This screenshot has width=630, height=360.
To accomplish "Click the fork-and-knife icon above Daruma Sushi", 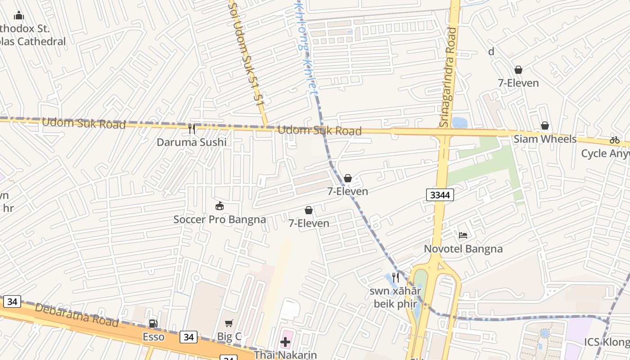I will (192, 129).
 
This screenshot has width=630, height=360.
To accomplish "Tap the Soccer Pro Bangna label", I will (220, 220).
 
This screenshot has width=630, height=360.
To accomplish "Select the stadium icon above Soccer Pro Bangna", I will (220, 206).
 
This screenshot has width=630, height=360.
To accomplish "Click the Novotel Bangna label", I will (463, 249).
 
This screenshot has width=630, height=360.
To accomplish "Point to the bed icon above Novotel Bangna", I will (463, 235).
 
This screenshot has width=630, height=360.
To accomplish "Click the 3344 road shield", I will (440, 195).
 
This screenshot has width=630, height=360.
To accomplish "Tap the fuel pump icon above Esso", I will (153, 323).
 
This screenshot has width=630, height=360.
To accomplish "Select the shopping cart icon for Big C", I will (229, 323).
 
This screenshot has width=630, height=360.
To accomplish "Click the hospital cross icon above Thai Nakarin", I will (285, 342).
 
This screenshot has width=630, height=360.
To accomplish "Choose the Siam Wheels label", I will (545, 139).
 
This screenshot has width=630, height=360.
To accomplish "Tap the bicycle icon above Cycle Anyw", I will (615, 139).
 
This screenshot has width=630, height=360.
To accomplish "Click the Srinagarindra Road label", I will (447, 76).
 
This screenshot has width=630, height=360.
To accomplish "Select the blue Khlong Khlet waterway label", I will (306, 47).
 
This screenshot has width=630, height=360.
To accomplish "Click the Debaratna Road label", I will (76, 315).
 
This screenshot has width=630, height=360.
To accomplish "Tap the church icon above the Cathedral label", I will (18, 16).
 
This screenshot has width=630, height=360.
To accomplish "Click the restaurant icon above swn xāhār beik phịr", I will (396, 278).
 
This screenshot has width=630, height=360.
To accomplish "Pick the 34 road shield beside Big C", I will (188, 337).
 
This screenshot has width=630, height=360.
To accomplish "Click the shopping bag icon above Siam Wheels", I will (545, 125).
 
